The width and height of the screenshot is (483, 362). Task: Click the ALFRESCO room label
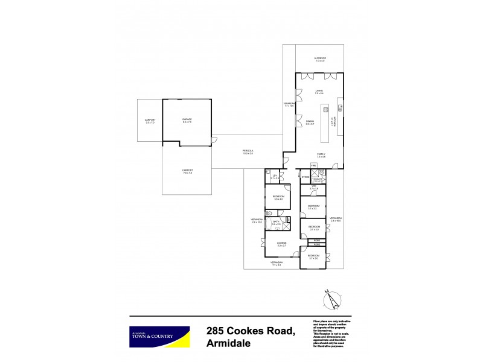point(319,59)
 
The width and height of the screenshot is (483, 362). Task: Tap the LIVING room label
point(319,92)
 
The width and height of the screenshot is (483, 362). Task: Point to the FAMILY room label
point(321,155)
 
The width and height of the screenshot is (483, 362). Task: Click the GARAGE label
point(187,120)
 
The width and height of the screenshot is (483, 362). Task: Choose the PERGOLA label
point(248,152)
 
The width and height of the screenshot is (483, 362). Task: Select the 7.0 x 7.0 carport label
point(187,171)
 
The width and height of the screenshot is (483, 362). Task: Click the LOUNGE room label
point(281,243)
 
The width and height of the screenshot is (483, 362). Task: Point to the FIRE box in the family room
point(313,165)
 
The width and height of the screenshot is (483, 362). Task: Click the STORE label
point(305,177)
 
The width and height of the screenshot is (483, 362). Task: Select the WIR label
point(313,188)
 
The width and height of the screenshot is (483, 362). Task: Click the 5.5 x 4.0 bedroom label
point(278,197)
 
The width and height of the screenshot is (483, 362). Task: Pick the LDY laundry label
point(275,177)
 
